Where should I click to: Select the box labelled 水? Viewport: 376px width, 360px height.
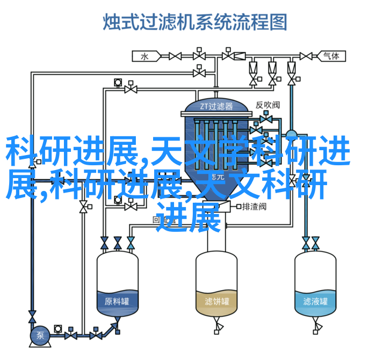tap(144, 56)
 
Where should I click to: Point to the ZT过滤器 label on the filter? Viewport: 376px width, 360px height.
tap(216, 106)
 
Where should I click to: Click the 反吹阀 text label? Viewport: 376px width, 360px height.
tap(267, 106)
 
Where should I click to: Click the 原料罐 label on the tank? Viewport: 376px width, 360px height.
tap(117, 300)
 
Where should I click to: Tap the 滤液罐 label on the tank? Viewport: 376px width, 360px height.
tap(315, 300)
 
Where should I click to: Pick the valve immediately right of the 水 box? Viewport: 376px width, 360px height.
tap(175, 56)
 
